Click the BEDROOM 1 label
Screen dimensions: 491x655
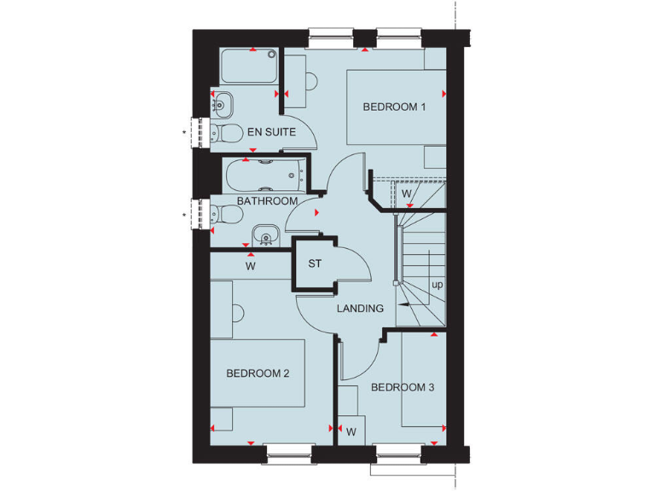(x=394, y=107)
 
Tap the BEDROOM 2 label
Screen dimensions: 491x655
(x=258, y=373)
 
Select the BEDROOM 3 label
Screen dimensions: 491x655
(x=403, y=388)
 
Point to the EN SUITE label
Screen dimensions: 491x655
(x=271, y=132)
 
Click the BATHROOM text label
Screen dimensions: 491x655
(x=268, y=201)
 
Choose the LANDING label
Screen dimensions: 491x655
(x=360, y=309)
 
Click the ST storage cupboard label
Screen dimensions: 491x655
(x=315, y=263)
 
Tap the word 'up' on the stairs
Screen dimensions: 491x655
(x=438, y=285)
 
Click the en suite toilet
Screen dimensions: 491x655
(x=224, y=133)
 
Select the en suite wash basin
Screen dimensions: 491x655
(x=221, y=104)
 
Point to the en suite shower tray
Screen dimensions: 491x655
(x=250, y=66)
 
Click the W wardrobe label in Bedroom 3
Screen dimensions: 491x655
(x=351, y=431)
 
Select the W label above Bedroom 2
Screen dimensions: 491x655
(x=251, y=266)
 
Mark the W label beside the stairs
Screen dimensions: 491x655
(x=407, y=194)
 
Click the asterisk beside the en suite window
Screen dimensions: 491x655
(x=184, y=133)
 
